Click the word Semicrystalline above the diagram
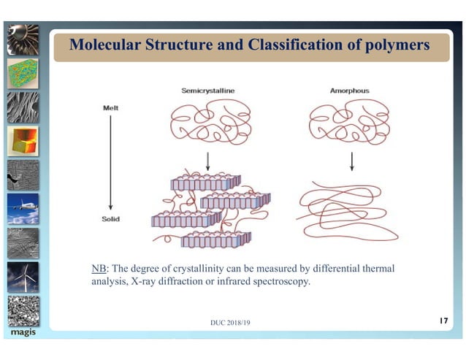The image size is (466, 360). coord(208,91)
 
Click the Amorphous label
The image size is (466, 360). coord(350,91)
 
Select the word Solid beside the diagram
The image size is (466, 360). coord(112,218)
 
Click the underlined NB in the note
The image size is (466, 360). coord(91,269)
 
